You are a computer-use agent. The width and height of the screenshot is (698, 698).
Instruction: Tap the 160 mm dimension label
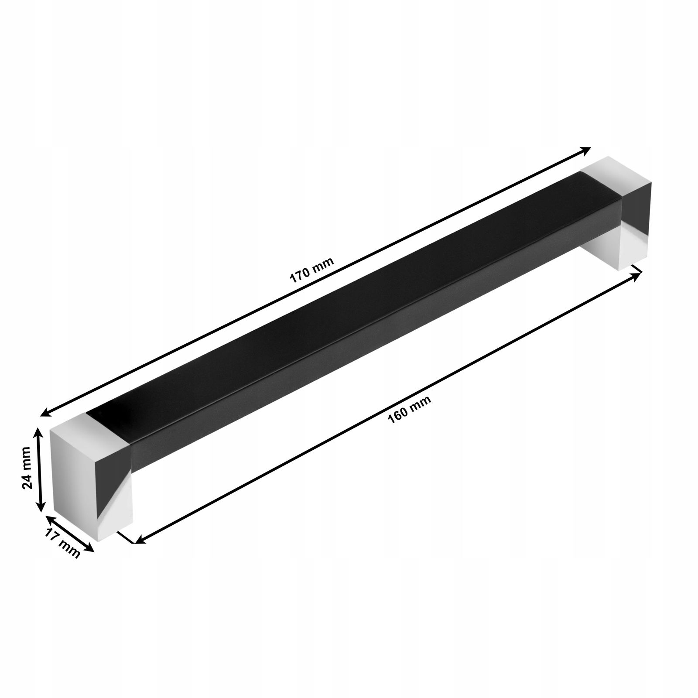409,410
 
